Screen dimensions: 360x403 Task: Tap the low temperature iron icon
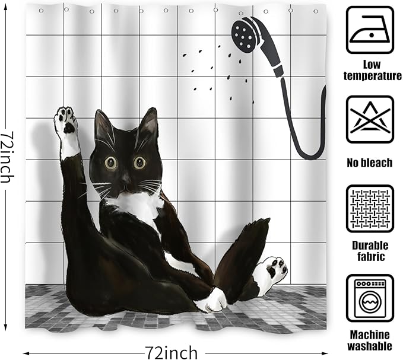click(x=370, y=30)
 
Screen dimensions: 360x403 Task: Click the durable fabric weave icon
click(x=370, y=208)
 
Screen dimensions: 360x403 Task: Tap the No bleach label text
click(x=370, y=162)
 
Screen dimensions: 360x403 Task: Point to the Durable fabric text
click(x=370, y=251)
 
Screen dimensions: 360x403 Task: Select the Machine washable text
click(x=370, y=340)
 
